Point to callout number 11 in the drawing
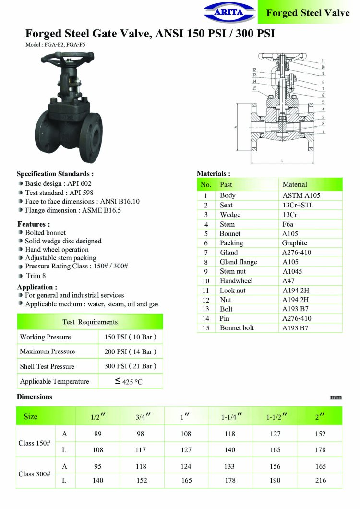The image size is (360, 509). point(323,61)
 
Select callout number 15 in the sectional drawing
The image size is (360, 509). point(254,88)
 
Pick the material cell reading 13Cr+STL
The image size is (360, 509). point(298,205)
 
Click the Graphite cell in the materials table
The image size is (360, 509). point(295,243)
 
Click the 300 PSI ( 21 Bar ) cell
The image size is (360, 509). point(131,366)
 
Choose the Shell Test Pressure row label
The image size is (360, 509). point(47,366)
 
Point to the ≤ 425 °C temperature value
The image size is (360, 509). point(129,382)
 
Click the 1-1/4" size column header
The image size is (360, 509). point(231,417)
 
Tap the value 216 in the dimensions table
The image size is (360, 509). point(320,480)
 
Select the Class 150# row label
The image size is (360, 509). point(35,443)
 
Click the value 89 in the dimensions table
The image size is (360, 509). point(98,434)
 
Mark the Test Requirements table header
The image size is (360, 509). point(90,322)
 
